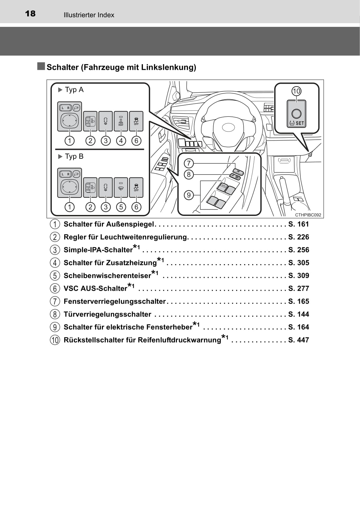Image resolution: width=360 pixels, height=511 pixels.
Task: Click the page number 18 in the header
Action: click(30, 14)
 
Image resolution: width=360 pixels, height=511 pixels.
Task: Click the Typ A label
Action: click(74, 90)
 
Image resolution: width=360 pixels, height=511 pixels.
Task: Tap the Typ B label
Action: click(74, 156)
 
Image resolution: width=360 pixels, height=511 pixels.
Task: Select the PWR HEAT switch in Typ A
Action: click(121, 121)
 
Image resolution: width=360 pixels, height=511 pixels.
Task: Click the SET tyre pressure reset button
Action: click(296, 114)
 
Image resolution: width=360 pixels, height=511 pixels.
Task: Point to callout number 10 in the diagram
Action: click(296, 91)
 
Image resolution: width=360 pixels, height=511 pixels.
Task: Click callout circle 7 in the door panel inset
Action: click(189, 163)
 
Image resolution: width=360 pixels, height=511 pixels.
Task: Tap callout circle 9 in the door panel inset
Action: click(189, 195)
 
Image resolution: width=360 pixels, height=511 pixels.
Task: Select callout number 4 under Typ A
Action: click(121, 141)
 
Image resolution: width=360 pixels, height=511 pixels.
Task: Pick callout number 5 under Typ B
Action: click(121, 207)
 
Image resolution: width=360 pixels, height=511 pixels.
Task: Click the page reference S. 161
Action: click(299, 224)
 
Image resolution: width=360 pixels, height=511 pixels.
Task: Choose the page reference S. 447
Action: click(299, 340)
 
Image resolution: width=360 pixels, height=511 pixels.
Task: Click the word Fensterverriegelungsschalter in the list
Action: click(115, 302)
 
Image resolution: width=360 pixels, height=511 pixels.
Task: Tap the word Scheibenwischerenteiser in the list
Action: click(107, 276)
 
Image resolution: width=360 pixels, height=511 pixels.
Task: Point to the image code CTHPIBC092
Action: click(308, 215)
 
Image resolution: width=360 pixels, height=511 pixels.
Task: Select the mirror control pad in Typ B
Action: click(69, 187)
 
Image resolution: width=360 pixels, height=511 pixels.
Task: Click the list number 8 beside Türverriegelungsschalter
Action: click(55, 315)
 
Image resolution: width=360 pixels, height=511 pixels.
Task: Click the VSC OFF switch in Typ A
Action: click(136, 121)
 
